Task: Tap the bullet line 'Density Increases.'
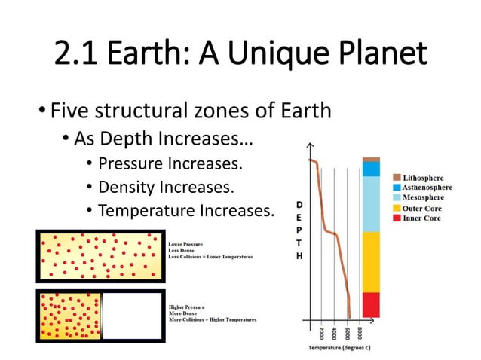coord(166,186)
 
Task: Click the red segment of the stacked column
coord(371,304)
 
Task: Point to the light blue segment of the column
coord(371,203)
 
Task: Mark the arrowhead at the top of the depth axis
coord(309,146)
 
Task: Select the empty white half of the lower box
coord(131,315)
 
